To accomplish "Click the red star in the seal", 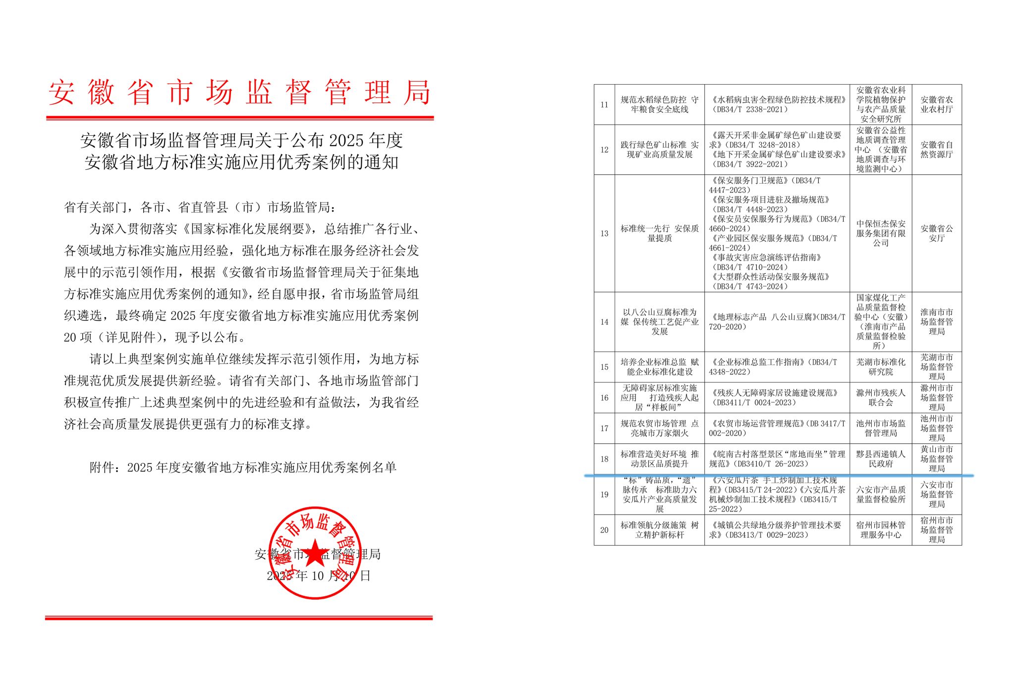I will pyautogui.click(x=314, y=553).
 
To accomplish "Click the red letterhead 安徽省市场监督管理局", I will pyautogui.click(x=239, y=93).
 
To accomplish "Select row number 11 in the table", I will pyautogui.click(x=604, y=104).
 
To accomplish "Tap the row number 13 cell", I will pyautogui.click(x=604, y=233).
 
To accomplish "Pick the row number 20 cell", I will pyautogui.click(x=604, y=530).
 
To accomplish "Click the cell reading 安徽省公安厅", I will pyautogui.click(x=936, y=233).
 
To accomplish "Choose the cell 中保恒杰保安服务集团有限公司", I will pyautogui.click(x=880, y=233).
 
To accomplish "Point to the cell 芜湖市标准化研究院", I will pyautogui.click(x=880, y=367).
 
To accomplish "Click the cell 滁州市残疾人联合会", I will pyautogui.click(x=880, y=398).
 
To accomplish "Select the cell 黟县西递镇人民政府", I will pyautogui.click(x=880, y=459).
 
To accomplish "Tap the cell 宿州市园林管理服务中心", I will pyautogui.click(x=880, y=530).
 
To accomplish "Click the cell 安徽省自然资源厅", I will pyautogui.click(x=936, y=150).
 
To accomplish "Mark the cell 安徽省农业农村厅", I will pyautogui.click(x=936, y=104).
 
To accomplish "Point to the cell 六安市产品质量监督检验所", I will pyautogui.click(x=880, y=494).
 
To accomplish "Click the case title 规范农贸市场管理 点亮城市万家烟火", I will pyautogui.click(x=659, y=428).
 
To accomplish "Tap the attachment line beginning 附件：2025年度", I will pyautogui.click(x=243, y=468).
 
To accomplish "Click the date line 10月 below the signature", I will pyautogui.click(x=318, y=576).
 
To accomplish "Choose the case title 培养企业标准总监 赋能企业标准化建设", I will pyautogui.click(x=659, y=367).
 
